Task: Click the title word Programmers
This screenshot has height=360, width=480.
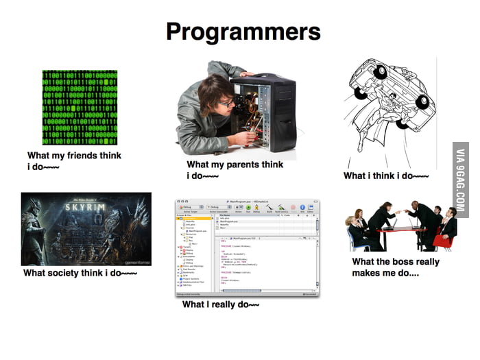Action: pyautogui.click(x=243, y=32)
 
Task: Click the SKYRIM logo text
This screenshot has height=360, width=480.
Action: pyautogui.click(x=86, y=206)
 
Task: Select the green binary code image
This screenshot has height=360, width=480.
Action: pyautogui.click(x=80, y=106)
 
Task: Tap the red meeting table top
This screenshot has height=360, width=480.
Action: pyautogui.click(x=405, y=230)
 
